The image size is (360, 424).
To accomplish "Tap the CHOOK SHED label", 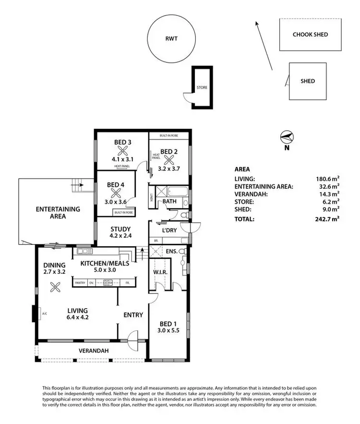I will [x=311, y=35].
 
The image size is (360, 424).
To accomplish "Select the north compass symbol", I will [x=287, y=137].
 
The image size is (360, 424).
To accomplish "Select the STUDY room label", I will [x=120, y=229].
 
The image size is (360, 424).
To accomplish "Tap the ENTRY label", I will [x=133, y=315].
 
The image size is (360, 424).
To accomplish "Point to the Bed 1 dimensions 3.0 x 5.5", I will [x=168, y=330].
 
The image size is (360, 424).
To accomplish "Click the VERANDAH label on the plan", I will [x=94, y=351].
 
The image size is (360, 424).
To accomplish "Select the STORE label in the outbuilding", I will [x=202, y=88].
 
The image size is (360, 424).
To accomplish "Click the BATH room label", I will [x=169, y=202].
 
